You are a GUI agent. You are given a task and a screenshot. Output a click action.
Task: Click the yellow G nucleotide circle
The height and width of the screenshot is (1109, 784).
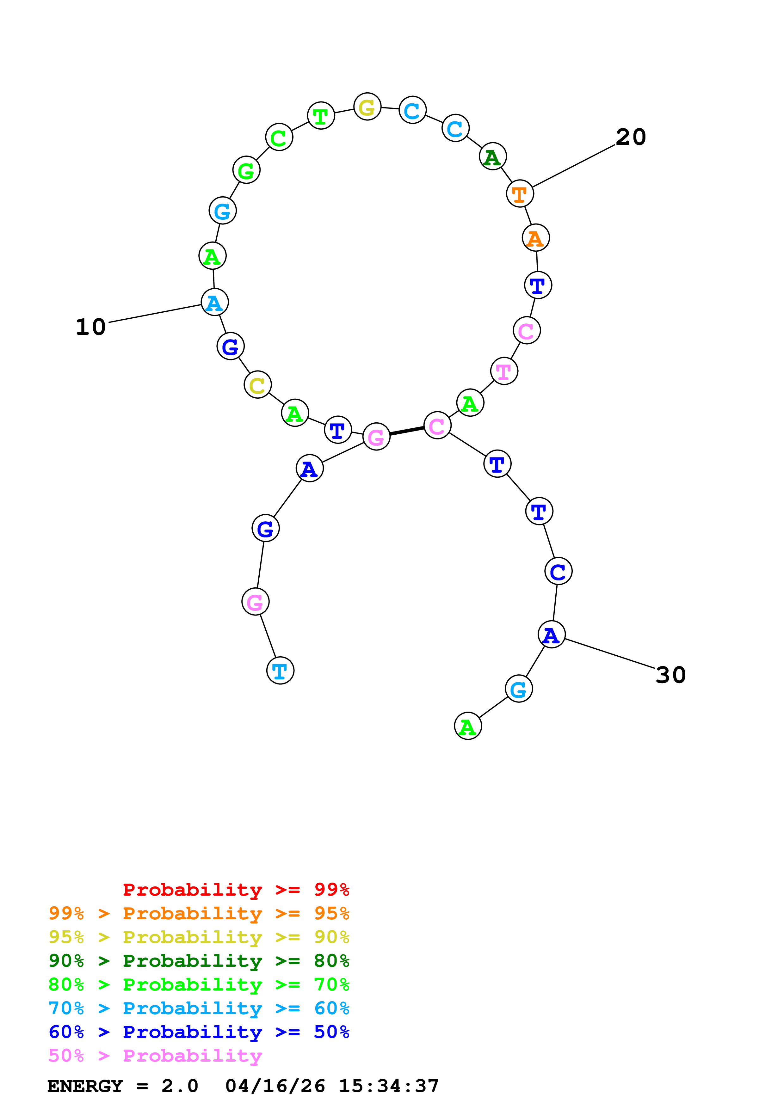[367, 107]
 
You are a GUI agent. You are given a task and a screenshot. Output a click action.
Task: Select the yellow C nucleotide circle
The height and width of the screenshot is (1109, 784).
[257, 385]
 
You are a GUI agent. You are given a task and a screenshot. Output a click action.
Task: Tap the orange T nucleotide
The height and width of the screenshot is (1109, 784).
[520, 194]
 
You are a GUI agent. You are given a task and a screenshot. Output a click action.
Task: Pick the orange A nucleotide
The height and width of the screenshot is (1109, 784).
[536, 238]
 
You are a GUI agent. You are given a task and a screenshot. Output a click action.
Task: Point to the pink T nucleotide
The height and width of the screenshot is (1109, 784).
[504, 371]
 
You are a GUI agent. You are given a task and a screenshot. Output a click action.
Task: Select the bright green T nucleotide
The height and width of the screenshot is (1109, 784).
[321, 116]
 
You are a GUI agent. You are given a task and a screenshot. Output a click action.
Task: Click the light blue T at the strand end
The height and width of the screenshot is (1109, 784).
[280, 671]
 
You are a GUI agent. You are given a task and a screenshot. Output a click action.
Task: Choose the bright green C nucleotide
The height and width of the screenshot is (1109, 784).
[279, 137]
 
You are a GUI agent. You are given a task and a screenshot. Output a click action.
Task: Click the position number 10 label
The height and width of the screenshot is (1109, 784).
[90, 327]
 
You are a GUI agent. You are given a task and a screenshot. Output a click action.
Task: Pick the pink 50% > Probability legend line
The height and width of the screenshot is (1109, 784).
[155, 1056]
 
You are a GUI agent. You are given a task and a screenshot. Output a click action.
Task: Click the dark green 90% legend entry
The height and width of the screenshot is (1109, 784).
[199, 961]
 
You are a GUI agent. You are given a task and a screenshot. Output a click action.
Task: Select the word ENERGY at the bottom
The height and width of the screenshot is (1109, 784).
[85, 1086]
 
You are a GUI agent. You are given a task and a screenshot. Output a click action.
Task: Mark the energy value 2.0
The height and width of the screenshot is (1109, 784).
[180, 1086]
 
